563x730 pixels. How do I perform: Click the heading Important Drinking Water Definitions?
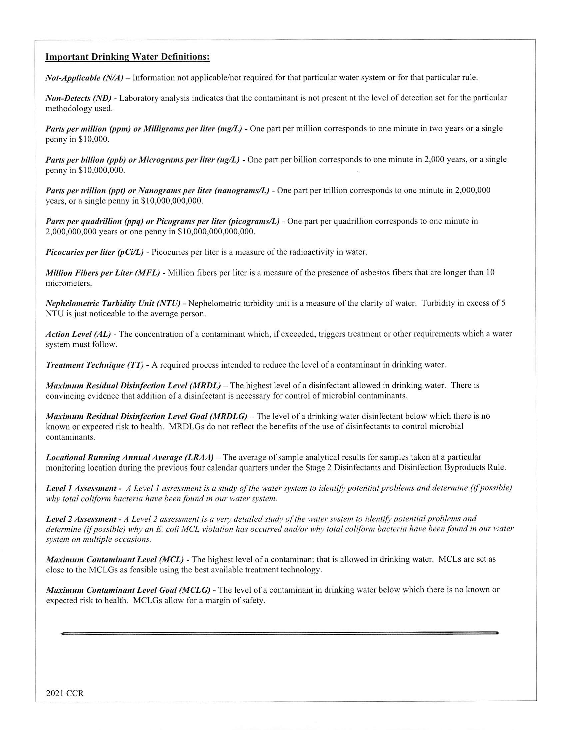tap(127, 57)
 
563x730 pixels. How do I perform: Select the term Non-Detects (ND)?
tap(78, 98)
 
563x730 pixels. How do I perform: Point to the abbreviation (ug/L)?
tap(228, 160)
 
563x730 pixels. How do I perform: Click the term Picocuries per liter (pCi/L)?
tap(95, 252)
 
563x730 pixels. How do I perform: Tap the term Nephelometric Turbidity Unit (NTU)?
tap(113, 303)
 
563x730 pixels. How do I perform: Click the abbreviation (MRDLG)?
tap(228, 416)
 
